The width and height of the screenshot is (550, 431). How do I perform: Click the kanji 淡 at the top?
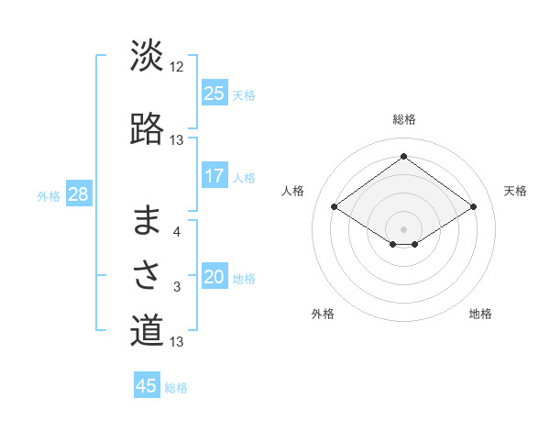(147, 57)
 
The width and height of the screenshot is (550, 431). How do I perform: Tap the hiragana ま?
(147, 221)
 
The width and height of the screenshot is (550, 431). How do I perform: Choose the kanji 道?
(147, 330)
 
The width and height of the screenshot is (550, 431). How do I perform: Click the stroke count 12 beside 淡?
(177, 67)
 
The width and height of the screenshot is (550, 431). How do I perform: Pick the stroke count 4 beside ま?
(177, 232)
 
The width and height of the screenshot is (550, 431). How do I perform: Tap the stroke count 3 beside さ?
(177, 287)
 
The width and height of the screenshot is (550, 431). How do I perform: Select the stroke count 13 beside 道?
(177, 342)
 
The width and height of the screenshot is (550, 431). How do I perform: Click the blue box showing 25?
(214, 93)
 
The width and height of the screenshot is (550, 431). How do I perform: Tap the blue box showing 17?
(214, 176)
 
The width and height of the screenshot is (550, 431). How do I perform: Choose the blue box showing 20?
(214, 277)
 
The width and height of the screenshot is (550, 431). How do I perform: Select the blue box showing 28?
(78, 194)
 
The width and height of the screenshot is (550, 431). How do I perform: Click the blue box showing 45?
(147, 386)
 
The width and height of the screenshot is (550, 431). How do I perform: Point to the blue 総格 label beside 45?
(176, 388)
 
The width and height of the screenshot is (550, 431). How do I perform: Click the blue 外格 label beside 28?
(48, 196)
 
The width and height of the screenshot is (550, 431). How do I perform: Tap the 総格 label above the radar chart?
(403, 119)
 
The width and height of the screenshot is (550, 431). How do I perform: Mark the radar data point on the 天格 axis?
(473, 207)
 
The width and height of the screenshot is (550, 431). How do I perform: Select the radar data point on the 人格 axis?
(335, 207)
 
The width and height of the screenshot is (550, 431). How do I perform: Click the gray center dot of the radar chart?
(403, 228)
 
